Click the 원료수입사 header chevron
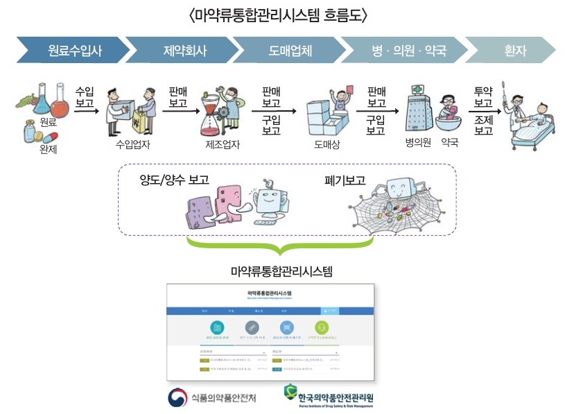[73, 51]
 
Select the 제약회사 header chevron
[184, 51]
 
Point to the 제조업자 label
[223, 145]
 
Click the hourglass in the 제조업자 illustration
[211, 115]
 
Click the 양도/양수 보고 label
[174, 181]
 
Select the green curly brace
[280, 245]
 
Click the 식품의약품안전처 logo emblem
[178, 398]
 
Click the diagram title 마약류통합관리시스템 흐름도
[277, 15]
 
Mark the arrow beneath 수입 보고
[85, 110]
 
